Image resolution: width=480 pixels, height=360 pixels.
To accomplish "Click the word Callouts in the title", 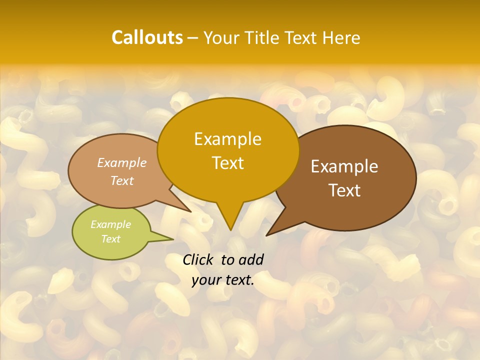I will tap(147, 37).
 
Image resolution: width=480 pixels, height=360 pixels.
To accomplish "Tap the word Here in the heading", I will tap(341, 37).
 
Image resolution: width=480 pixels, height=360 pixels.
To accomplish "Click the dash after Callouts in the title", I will tap(193, 38).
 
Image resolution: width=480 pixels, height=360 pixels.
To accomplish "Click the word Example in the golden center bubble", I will tap(227, 138).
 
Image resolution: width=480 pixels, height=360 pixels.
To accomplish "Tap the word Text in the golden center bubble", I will tap(227, 163).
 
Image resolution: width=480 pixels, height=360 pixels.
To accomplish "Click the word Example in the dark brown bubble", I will tap(344, 166).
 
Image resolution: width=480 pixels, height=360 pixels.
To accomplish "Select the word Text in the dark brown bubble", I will tap(344, 190).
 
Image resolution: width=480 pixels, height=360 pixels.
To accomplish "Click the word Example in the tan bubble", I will tap(121, 162).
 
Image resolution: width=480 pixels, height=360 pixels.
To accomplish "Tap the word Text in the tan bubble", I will tap(121, 180).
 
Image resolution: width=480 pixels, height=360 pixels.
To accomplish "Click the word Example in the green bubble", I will tap(110, 224).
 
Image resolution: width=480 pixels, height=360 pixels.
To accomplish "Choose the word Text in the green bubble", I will tap(110, 239).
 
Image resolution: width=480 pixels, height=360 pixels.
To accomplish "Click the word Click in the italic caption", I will tap(198, 259).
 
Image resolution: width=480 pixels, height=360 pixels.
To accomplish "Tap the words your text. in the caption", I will tap(223, 280).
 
